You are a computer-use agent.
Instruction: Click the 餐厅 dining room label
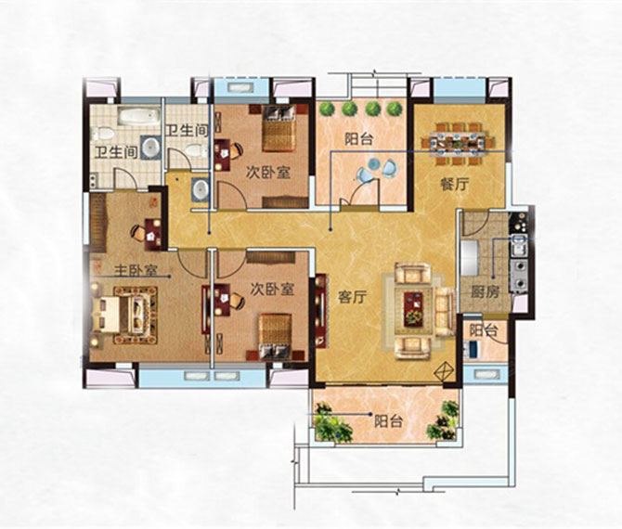tap(454, 184)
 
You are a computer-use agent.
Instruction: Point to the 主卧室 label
tap(136, 271)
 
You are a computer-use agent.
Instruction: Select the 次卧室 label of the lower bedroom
tap(273, 289)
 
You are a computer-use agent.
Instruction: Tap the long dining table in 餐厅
tap(460, 142)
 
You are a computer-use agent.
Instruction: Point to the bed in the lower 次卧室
tap(275, 333)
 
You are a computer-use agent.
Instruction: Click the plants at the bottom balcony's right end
tap(444, 420)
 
